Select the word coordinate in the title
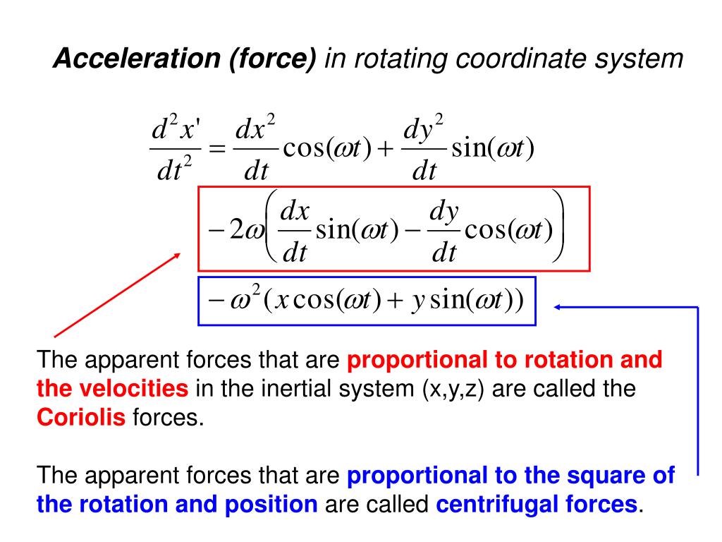pyautogui.click(x=525, y=60)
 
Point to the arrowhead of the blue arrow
pyautogui.click(x=558, y=307)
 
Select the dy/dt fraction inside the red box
pyautogui.click(x=443, y=231)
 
